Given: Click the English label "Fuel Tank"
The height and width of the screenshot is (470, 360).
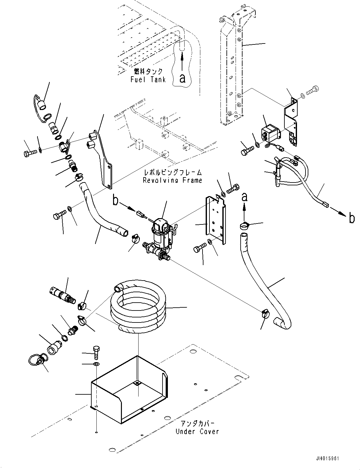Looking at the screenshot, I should point(148,79).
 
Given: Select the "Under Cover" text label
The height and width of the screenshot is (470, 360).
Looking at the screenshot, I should point(197,432).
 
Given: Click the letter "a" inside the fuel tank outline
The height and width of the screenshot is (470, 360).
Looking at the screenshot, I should point(182,78).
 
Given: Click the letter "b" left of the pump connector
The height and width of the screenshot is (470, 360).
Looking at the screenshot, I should point(116,201).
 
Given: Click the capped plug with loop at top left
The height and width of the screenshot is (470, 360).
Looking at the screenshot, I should point(40,105).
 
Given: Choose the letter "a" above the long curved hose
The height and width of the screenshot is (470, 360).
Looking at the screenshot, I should point(244,198).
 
